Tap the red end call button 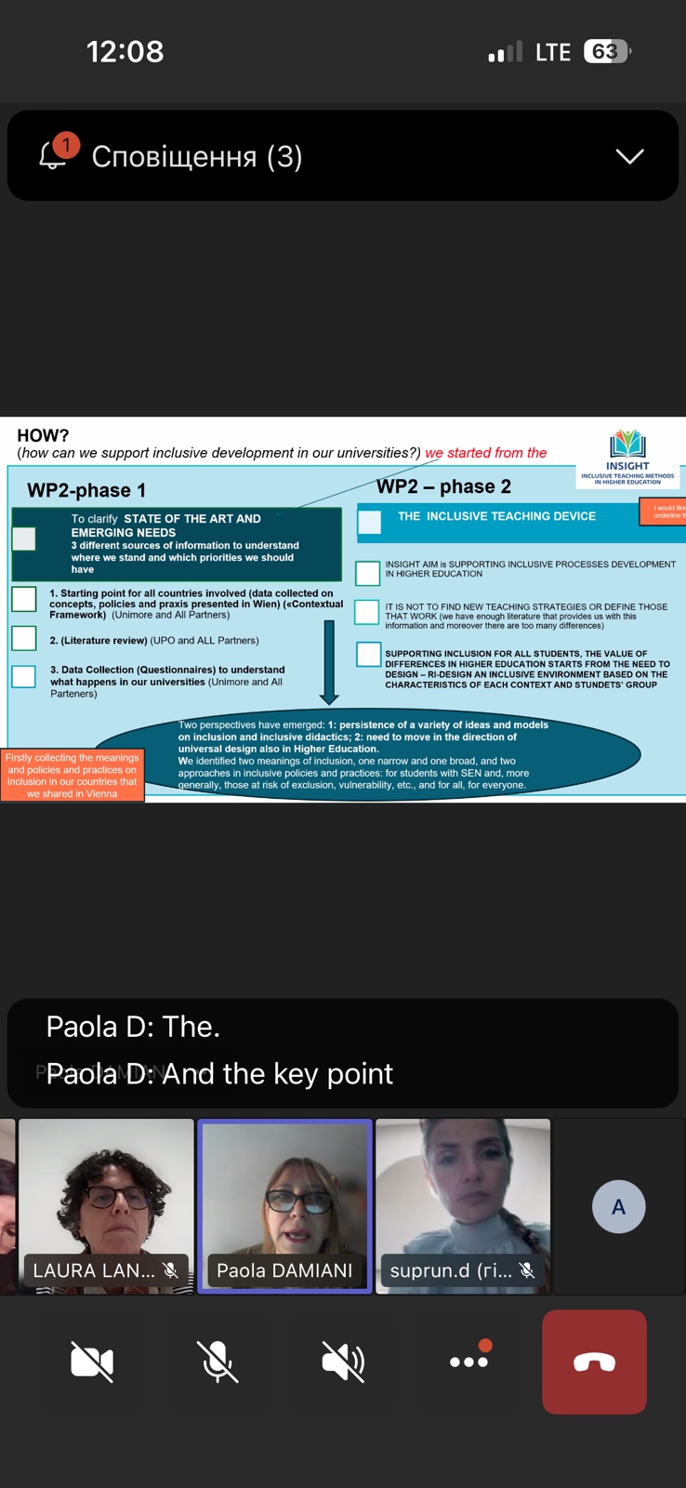594,1362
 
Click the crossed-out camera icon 92,1362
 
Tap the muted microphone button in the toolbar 218,1362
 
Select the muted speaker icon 343,1362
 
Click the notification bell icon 54,155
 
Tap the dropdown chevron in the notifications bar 629,156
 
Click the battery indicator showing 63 606,51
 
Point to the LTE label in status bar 553,52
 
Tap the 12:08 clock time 125,51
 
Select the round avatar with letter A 618,1206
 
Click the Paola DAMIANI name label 284,1270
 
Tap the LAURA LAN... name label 94,1270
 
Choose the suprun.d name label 451,1270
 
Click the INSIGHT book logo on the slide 627,445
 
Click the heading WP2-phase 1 86,490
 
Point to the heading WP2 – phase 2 443,486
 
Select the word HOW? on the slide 43,435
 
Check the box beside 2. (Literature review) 24,639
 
